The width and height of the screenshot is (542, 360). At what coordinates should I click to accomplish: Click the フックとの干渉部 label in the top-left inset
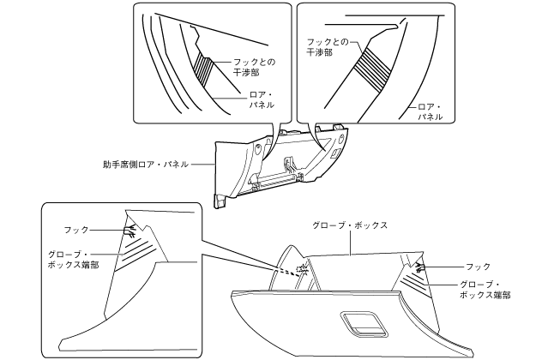(x=254, y=68)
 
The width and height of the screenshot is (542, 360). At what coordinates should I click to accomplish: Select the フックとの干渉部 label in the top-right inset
(x=322, y=46)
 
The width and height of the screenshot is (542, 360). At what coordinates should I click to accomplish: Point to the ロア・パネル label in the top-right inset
(x=429, y=112)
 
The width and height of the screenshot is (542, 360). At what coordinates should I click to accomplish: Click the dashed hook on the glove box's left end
(x=301, y=271)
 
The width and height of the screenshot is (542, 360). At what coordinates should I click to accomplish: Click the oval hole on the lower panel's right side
(x=340, y=137)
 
